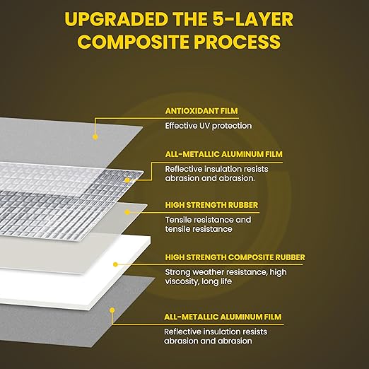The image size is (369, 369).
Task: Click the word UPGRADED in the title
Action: coord(116,19)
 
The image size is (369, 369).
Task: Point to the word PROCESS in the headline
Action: coord(238,42)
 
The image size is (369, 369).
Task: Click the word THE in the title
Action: coord(190,19)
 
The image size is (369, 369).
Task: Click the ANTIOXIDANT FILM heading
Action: coord(201,111)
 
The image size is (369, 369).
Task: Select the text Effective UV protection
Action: coord(209,126)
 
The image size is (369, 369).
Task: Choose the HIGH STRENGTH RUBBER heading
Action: coord(211,205)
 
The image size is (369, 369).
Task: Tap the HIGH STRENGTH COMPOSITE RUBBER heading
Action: coord(235,257)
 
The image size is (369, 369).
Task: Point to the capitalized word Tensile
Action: coord(177,220)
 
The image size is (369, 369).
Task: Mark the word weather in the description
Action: coord(208,272)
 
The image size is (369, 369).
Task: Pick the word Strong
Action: coord(177,273)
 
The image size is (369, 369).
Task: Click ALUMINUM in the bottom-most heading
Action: coord(242,317)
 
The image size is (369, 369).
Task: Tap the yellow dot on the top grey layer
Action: coord(95,136)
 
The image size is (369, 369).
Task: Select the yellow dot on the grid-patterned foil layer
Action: coord(127,180)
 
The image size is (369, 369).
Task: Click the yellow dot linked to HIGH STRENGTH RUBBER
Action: coord(127,212)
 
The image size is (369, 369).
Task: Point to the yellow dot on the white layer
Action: coord(115,264)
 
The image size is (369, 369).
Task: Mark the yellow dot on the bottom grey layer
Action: coord(112,310)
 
